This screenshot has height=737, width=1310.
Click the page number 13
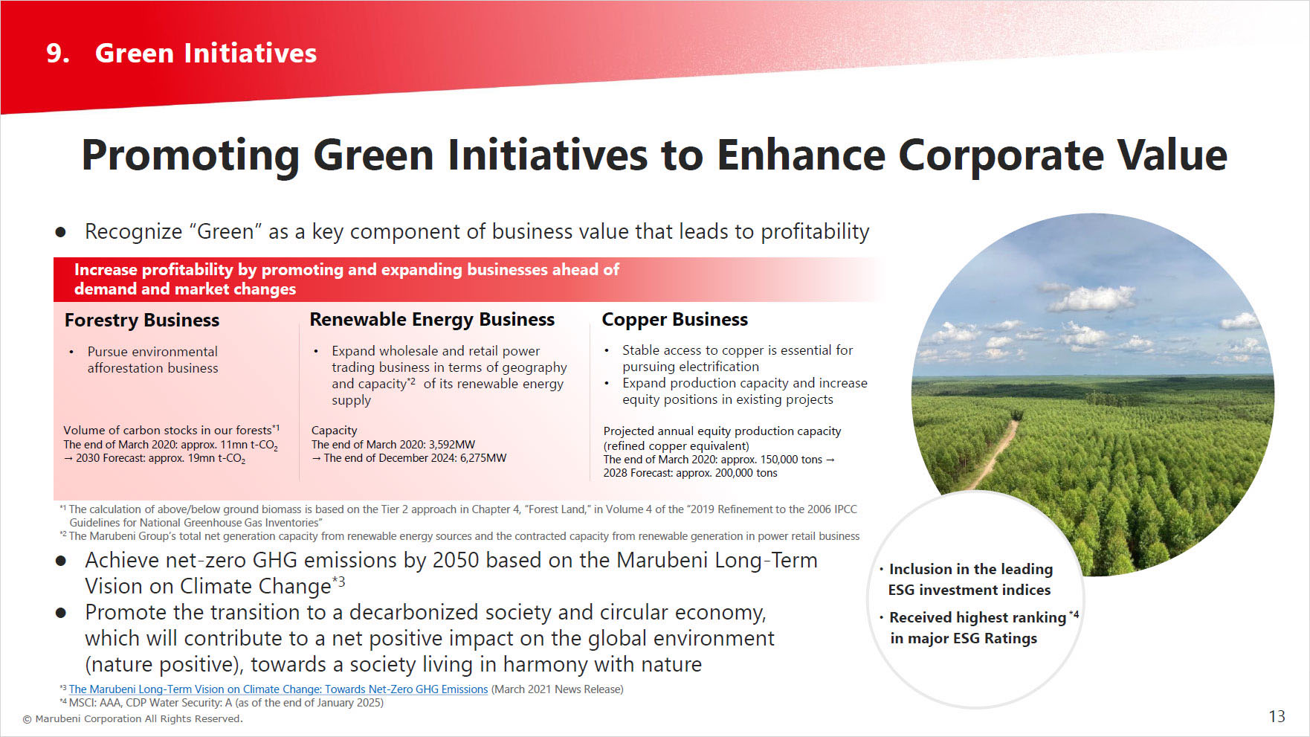click(1277, 716)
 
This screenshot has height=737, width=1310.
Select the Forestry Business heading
click(142, 321)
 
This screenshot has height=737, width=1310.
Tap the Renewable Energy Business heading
click(432, 320)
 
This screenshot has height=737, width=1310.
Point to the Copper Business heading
click(674, 320)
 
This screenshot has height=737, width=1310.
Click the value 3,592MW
click(452, 445)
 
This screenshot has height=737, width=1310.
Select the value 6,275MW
click(483, 458)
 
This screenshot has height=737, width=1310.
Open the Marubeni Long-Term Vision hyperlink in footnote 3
click(278, 689)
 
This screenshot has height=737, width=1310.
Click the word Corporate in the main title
click(1001, 155)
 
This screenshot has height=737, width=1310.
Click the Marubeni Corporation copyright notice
click(132, 719)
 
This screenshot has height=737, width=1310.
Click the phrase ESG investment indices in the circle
click(969, 590)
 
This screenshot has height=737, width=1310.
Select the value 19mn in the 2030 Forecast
click(201, 458)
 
